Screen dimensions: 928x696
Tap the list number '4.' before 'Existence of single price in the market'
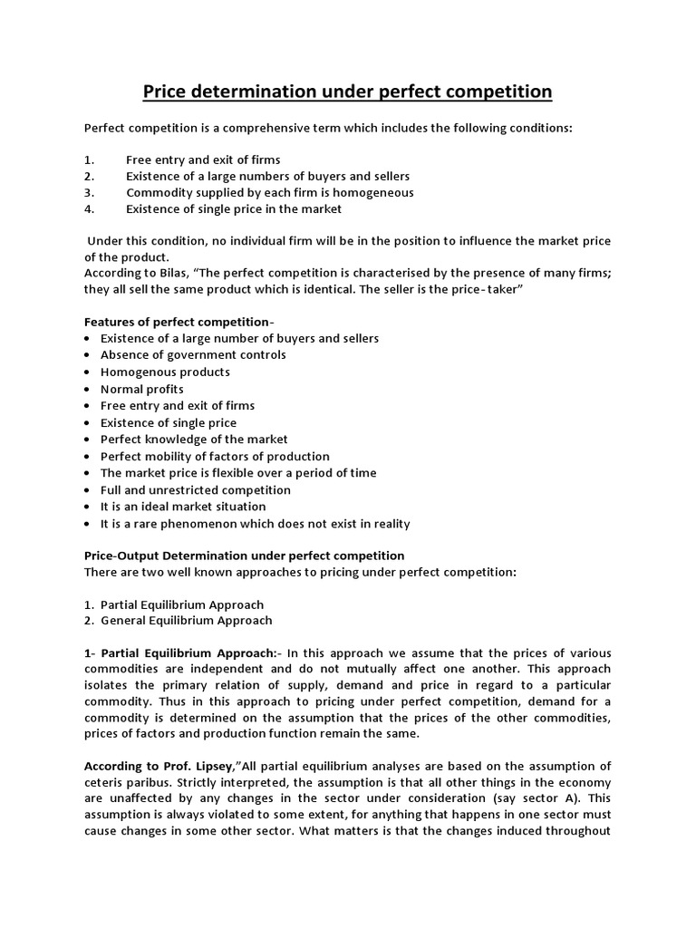point(90,209)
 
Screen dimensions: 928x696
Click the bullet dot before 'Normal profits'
point(87,389)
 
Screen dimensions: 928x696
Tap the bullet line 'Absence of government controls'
point(193,355)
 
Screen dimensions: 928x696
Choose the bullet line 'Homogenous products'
point(165,372)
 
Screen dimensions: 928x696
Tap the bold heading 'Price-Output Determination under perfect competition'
point(245,555)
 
